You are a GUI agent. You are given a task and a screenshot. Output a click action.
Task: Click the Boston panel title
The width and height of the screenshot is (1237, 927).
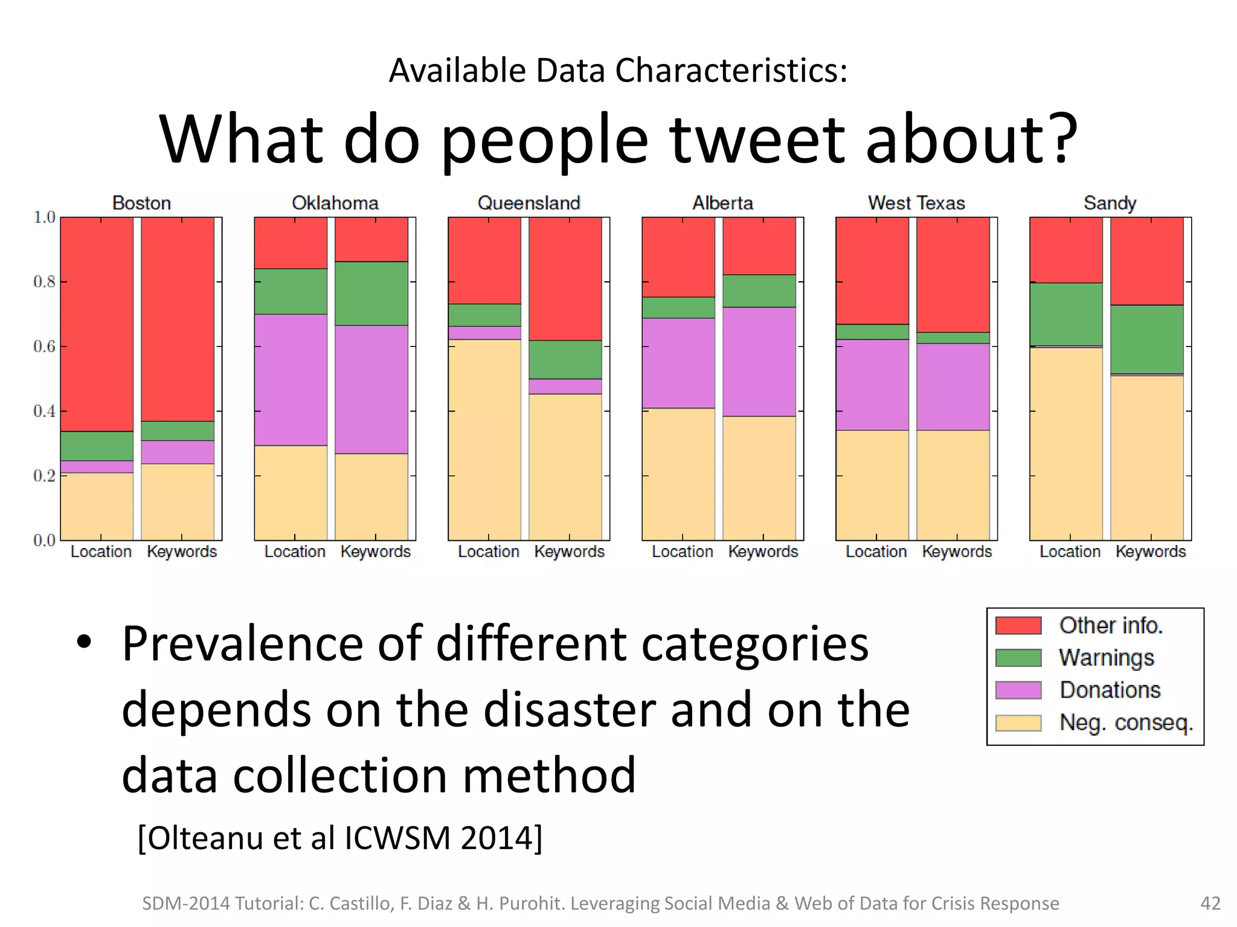coord(141,203)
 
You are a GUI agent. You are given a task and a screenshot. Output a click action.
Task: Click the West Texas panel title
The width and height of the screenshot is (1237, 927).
coord(916,203)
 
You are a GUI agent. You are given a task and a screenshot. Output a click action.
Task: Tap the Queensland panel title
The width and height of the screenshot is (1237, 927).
coord(529,203)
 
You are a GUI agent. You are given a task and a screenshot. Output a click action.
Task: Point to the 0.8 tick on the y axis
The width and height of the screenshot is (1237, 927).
coord(44,282)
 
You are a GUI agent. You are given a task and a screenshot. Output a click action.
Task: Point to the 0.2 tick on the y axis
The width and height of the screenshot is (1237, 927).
coord(44,476)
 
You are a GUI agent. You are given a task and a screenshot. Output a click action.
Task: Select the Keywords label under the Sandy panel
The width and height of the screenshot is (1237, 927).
coord(1150,552)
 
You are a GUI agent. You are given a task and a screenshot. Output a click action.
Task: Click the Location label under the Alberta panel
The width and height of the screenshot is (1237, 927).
coord(682,552)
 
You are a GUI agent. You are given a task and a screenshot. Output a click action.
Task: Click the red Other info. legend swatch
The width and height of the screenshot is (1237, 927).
coord(1018,625)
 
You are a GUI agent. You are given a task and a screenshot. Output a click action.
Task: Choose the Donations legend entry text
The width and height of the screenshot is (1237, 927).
coord(1110,690)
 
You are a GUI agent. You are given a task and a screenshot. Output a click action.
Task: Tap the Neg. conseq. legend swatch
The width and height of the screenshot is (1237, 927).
coord(1018,722)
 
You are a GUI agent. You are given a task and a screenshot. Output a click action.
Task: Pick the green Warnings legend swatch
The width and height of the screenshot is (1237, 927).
coord(1018,658)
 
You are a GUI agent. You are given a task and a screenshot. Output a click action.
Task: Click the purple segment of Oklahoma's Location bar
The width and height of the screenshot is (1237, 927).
coord(291,380)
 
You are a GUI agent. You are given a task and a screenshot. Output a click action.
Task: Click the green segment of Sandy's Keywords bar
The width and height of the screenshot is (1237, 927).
coord(1146,339)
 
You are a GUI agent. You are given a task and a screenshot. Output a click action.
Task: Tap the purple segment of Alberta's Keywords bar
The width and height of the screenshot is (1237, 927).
coord(759,362)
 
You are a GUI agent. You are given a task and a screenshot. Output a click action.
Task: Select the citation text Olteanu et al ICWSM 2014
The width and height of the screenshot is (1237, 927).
coord(340,838)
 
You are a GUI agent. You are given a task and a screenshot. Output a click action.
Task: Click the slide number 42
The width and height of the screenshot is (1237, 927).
coord(1210,903)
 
